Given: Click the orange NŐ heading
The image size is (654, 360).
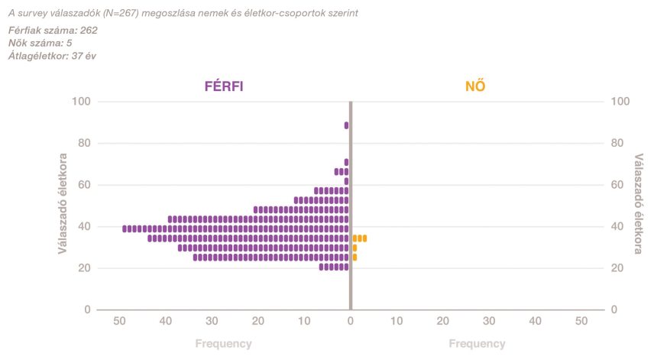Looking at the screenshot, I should (475, 86).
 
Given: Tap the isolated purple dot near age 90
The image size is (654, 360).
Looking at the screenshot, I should (346, 125).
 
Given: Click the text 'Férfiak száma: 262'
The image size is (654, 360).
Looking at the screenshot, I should (53, 31).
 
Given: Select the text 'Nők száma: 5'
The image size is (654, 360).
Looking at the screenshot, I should (40, 43).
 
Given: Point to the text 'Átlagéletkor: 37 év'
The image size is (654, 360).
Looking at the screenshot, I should (52, 56).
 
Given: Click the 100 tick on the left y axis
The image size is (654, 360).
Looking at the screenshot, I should (82, 102).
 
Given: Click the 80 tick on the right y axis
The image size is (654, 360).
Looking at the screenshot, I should (620, 143).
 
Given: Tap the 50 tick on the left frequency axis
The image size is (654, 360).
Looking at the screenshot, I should (119, 322).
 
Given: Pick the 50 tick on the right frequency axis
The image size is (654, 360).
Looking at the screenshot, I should (581, 322).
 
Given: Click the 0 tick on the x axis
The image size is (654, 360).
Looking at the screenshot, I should (351, 322).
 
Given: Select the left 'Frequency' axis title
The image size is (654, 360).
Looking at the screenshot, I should (223, 344).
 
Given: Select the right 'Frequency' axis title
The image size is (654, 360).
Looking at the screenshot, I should (477, 344).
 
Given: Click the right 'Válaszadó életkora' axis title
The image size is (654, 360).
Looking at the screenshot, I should (639, 206).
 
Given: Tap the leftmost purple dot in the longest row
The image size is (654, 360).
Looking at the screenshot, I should (125, 229).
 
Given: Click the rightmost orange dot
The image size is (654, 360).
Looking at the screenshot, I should (364, 238).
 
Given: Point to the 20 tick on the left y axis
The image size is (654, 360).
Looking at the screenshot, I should (85, 268).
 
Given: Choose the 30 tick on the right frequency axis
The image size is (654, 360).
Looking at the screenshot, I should (489, 322).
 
